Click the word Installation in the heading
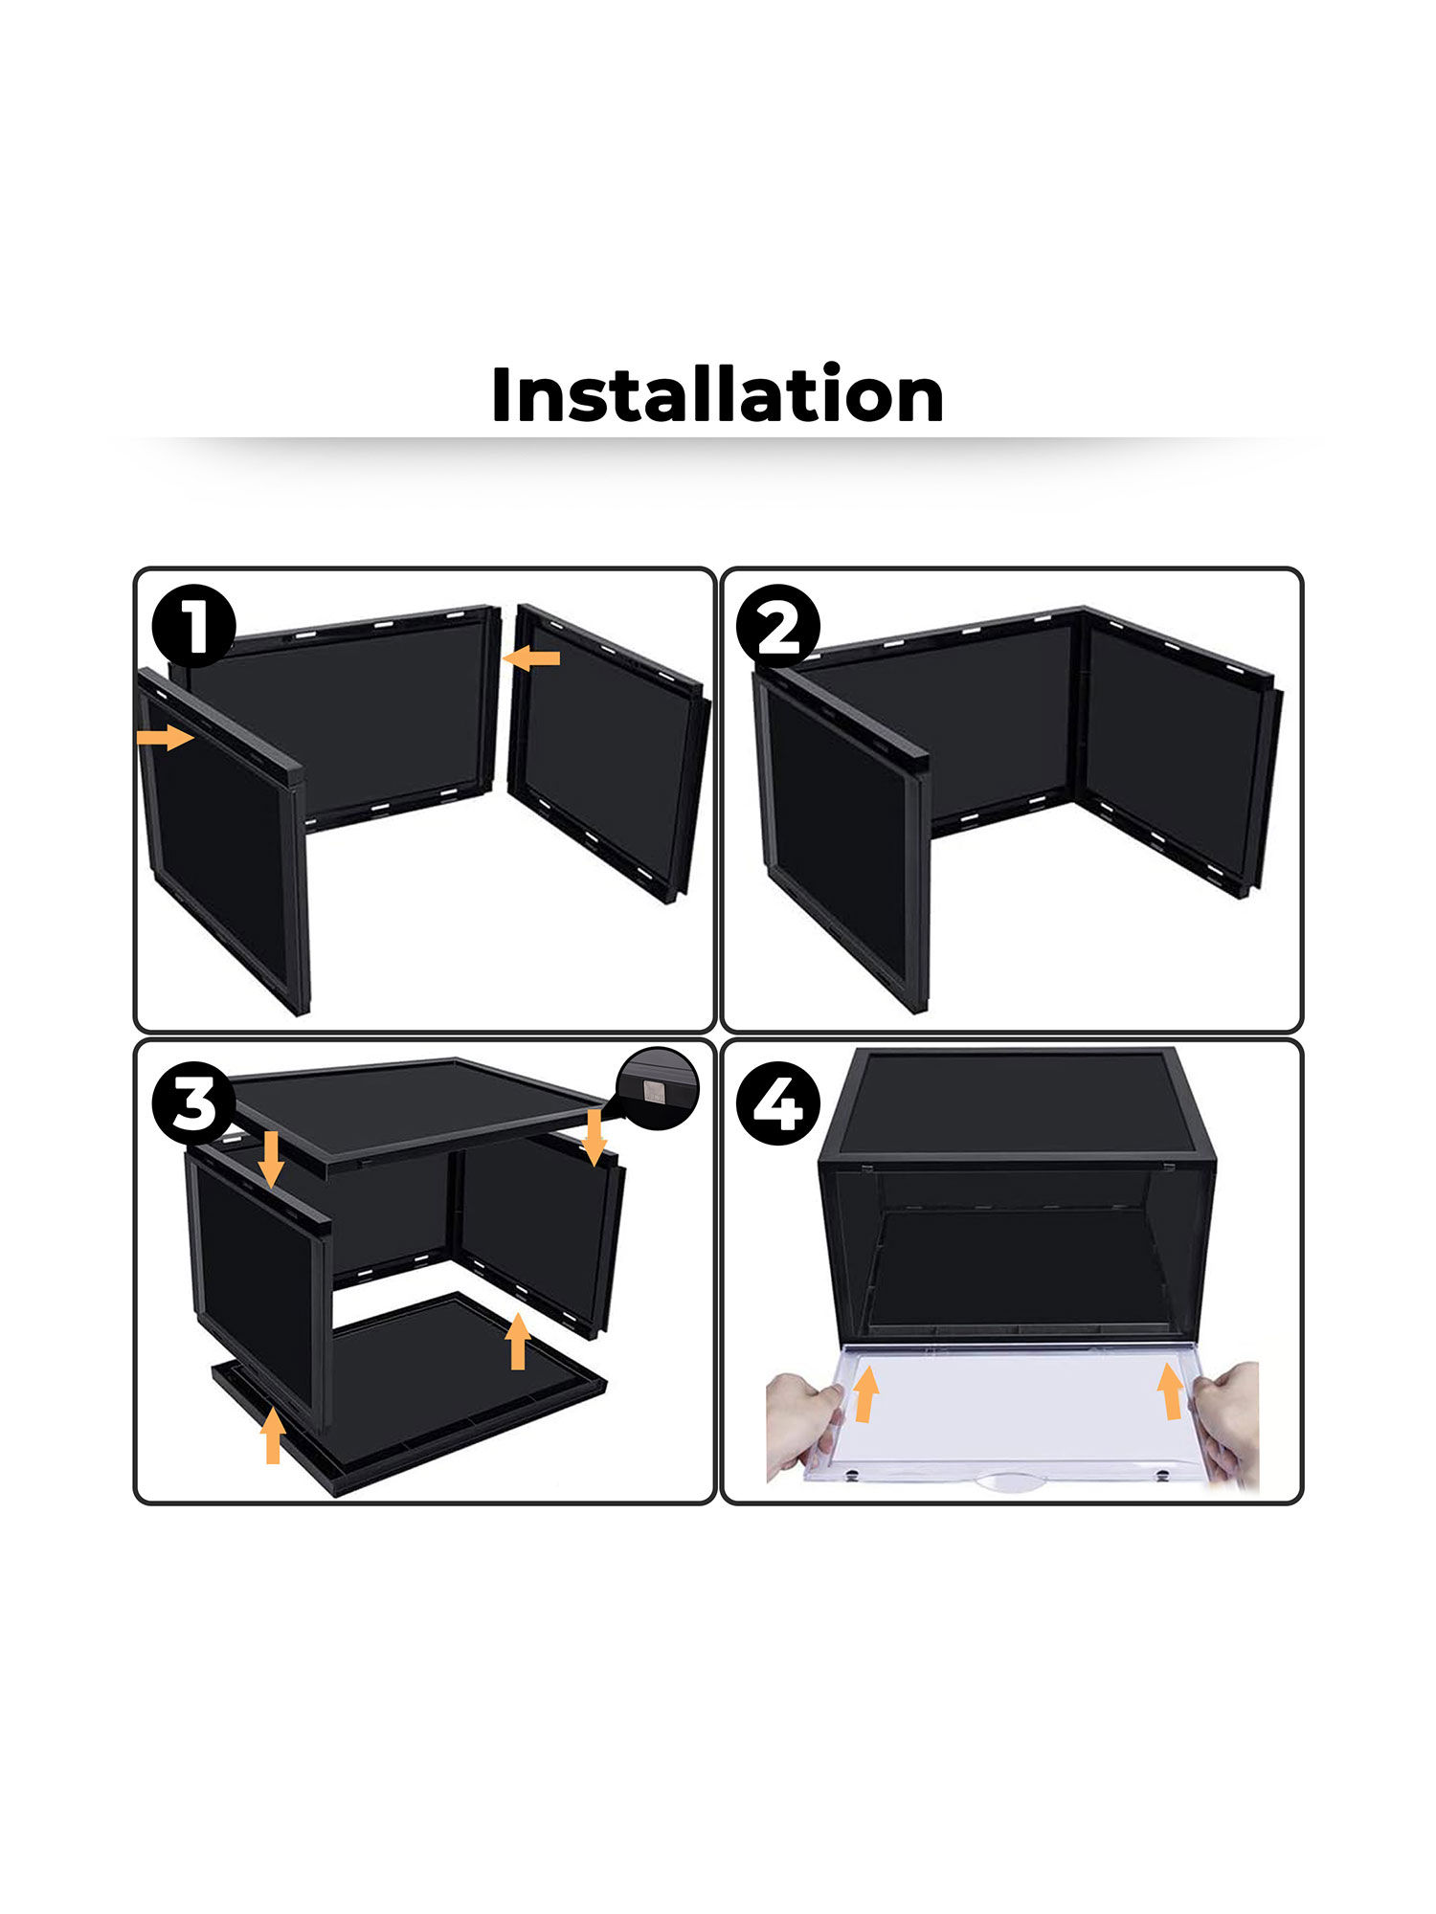(x=717, y=394)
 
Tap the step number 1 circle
(x=194, y=626)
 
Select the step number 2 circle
(x=778, y=626)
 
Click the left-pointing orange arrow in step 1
(x=532, y=657)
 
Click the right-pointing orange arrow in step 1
(x=165, y=737)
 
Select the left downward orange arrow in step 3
(x=271, y=1157)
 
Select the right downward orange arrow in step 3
(x=595, y=1137)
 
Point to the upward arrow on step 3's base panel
(x=518, y=1341)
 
